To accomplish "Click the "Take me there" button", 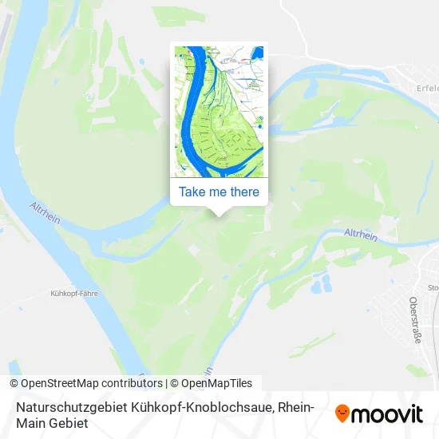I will tap(219, 192).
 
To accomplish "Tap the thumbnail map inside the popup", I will tap(219, 111).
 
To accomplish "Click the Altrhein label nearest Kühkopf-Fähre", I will tap(46, 212).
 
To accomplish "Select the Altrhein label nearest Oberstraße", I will tap(360, 234).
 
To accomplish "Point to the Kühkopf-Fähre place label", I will tap(73, 294).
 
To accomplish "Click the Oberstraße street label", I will tap(414, 319).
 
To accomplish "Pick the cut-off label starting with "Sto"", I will tap(433, 287).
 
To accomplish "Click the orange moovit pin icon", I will tap(342, 413).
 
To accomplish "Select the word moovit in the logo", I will tap(388, 413).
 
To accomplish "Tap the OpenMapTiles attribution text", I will tap(212, 383).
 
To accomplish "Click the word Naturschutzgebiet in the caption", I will tap(59, 406).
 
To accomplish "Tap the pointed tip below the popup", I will tap(219, 212).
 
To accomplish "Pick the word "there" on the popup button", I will tap(243, 192).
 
